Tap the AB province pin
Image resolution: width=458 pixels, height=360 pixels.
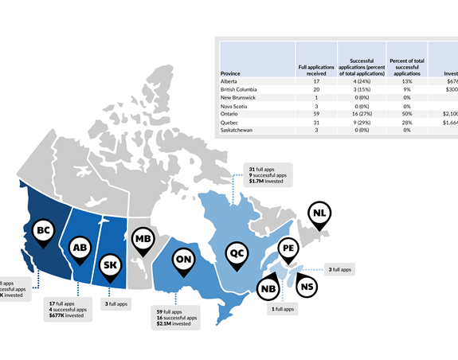(x=80, y=248)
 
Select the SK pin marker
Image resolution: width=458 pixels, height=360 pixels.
(x=111, y=265)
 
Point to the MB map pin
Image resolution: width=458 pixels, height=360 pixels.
(x=143, y=239)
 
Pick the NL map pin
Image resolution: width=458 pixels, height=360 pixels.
(x=319, y=213)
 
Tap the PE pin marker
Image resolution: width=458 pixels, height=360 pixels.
(x=288, y=250)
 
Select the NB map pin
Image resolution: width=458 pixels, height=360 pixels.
(x=268, y=289)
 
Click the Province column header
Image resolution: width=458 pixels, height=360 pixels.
(x=230, y=73)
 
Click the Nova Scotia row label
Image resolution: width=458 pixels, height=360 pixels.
(x=236, y=106)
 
